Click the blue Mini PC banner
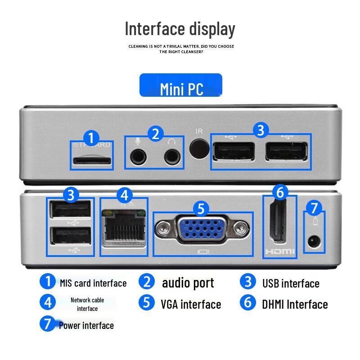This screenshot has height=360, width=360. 180,85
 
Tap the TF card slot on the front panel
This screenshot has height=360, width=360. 92,160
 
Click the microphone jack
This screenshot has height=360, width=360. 138,157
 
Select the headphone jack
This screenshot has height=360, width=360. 171,157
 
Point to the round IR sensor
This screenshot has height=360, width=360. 199,149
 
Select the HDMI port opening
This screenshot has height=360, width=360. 279,223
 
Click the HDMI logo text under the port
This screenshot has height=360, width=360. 279,252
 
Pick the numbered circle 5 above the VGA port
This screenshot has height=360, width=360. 201,208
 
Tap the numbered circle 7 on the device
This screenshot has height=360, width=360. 314,208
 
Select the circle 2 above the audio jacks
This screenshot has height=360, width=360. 155,134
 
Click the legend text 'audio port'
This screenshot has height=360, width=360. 188,283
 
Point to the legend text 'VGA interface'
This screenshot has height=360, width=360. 191,305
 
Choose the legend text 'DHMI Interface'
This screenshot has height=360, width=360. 295,305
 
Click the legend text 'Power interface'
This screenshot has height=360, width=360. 86,325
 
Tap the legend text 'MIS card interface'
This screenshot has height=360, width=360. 93,283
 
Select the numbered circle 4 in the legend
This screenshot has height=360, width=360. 48,302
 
